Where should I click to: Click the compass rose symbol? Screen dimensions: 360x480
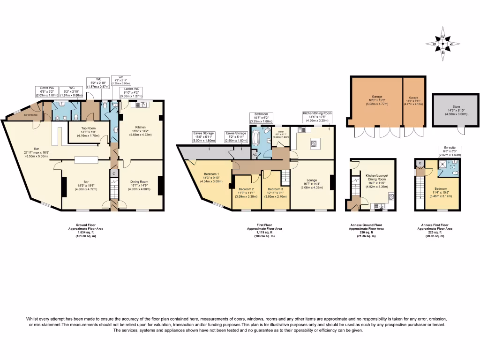click(443, 45)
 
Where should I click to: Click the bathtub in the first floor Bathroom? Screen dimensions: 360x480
click(256, 141)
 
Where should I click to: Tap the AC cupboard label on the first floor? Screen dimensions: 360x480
click(255, 154)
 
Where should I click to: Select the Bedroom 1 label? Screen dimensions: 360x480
click(211, 177)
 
